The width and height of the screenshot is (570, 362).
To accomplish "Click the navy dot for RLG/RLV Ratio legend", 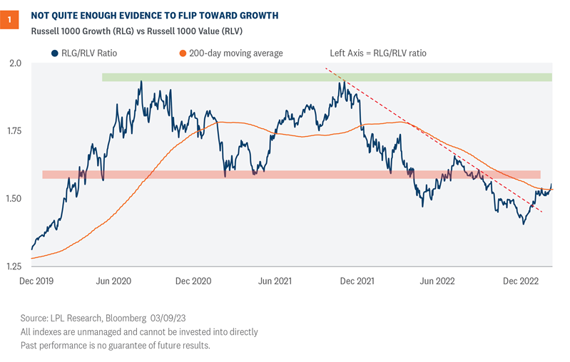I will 54,53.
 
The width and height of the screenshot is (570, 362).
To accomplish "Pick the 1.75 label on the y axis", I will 13,131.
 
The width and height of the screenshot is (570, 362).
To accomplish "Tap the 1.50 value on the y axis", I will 13,199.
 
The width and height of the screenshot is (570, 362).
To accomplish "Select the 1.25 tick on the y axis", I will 13,267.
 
